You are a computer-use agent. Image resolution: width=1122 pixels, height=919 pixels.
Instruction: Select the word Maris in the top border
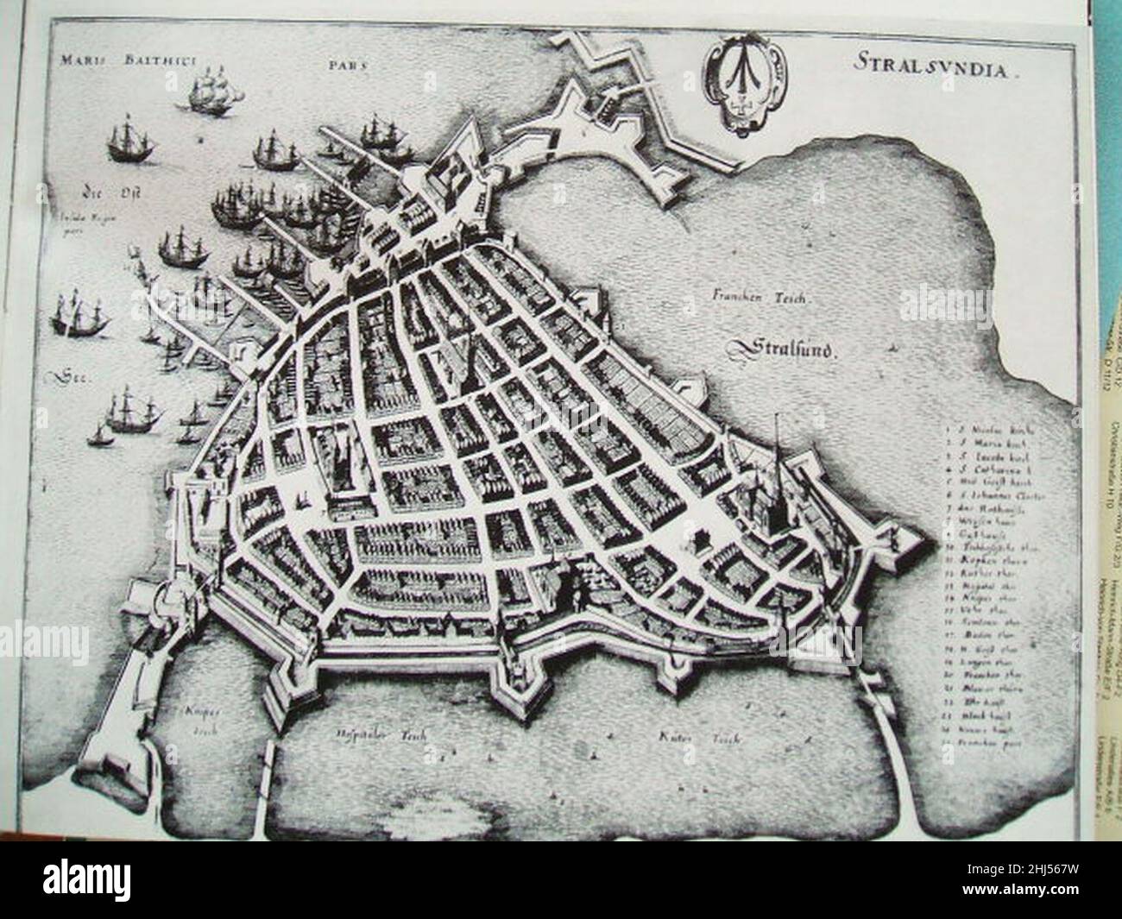[74, 60]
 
